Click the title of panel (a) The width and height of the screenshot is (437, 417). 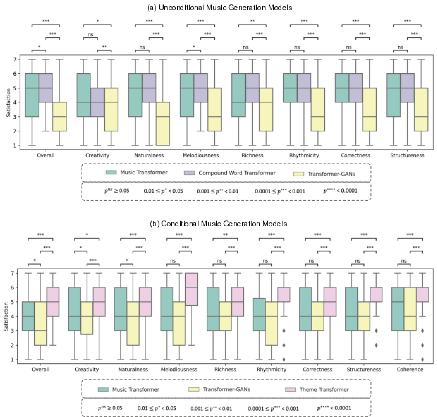point(219,8)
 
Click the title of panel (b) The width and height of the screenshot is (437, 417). point(219,224)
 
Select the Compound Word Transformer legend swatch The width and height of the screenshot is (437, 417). point(189,173)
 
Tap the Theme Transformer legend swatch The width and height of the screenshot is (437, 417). point(290,390)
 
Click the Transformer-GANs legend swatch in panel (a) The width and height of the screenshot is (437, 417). point(298,174)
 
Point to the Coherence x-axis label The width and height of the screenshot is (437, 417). point(410,369)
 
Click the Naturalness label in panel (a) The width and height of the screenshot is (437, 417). point(149,155)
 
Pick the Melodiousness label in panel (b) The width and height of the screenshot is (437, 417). point(179,369)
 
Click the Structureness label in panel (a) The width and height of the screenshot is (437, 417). point(407,155)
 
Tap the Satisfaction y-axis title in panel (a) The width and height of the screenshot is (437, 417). point(8,103)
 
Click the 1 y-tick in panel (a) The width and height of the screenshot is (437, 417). point(15,146)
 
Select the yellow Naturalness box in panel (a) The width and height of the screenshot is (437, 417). point(163,124)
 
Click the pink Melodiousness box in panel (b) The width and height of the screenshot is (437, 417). point(191,289)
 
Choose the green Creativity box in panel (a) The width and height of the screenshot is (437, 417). point(83,95)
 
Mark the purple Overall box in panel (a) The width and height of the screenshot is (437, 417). point(46,88)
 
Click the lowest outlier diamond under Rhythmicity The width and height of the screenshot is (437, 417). point(284,359)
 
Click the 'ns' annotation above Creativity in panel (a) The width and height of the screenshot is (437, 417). point(90,34)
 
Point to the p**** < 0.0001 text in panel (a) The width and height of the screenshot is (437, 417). point(340,191)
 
